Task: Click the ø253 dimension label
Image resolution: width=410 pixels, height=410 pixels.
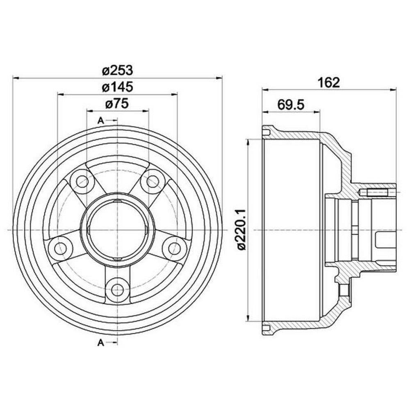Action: [x=117, y=71]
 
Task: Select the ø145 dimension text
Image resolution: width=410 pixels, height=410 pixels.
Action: [x=117, y=87]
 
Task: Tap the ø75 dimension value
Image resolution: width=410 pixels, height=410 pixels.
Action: [x=117, y=104]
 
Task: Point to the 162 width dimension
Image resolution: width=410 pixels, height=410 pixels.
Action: [x=329, y=82]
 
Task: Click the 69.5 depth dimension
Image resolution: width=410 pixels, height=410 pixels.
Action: [x=291, y=105]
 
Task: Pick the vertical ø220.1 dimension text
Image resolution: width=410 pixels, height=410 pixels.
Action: [x=241, y=230]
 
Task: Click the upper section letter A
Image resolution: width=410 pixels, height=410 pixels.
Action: [x=101, y=121]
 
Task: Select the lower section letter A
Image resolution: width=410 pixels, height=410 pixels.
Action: [x=101, y=342]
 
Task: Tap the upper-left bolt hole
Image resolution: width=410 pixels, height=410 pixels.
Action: [x=83, y=182]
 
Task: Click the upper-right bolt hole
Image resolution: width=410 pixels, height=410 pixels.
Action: [x=153, y=182]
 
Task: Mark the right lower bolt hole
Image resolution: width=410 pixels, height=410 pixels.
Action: [x=174, y=247]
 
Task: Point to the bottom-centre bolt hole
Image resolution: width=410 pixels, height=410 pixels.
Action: [x=117, y=289]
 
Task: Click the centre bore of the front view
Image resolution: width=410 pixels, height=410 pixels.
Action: [x=117, y=230]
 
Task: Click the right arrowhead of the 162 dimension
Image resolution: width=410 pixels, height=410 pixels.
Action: [x=393, y=90]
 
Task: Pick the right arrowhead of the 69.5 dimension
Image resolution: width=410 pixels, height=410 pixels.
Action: [x=317, y=112]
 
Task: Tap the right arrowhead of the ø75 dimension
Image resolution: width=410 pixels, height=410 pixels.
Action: [x=146, y=111]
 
